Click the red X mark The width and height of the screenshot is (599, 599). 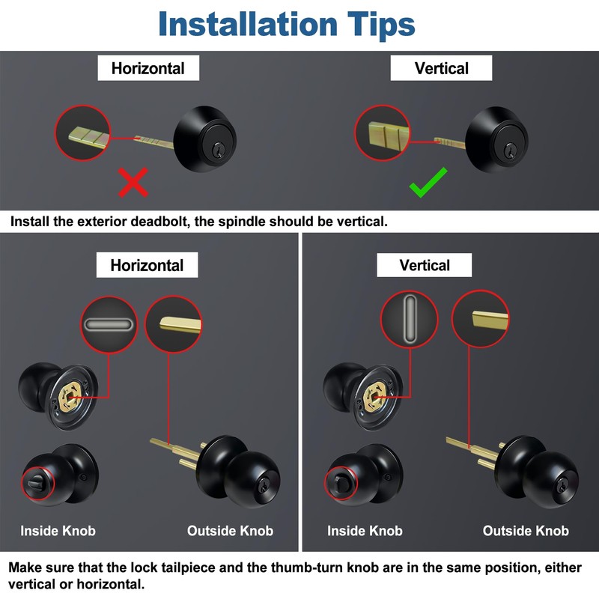133,182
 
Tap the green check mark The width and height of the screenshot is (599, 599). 428,183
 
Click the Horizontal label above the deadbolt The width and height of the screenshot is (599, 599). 148,68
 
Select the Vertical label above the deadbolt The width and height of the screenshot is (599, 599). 442,68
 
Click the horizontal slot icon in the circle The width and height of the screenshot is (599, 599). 109,325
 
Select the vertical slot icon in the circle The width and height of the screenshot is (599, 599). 409,320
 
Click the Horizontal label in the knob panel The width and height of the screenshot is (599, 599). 147,265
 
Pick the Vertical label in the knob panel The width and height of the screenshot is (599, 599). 425,265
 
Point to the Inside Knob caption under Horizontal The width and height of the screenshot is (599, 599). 58,531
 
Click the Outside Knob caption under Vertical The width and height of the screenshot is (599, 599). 526,531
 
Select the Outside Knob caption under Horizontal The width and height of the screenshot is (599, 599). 230,531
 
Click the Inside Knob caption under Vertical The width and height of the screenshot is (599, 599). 365,531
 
